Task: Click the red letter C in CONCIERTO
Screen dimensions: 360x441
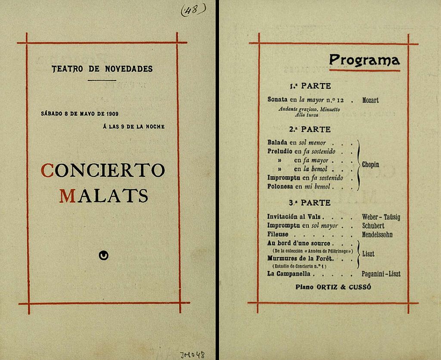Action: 47,170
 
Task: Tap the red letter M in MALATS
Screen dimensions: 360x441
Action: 67,196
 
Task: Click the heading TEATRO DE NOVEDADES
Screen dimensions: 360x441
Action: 102,69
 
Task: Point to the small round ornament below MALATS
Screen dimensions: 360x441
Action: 103,256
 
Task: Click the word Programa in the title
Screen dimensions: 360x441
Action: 364,60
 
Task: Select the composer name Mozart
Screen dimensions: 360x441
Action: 370,100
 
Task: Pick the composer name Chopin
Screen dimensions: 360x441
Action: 370,165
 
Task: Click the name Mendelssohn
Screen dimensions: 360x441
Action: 377,235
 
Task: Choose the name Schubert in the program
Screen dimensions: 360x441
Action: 373,226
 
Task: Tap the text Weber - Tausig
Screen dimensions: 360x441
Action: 381,217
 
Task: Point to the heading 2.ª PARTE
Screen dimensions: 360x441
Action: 310,129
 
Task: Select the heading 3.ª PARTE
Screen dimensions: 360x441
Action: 310,203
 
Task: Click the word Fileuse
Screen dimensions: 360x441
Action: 278,235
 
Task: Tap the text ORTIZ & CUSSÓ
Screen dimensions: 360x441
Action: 343,287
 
